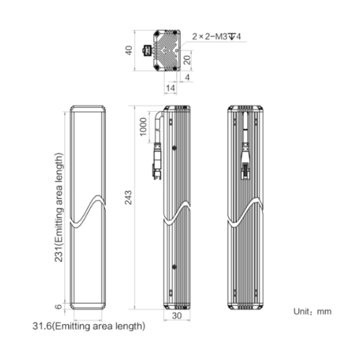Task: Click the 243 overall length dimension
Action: coord(128,197)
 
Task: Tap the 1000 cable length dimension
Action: coord(143,127)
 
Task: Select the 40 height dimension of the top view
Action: coord(129,50)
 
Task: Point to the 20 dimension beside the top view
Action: coord(187,60)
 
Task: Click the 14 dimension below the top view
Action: coord(170,88)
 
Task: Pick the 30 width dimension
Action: coord(177,316)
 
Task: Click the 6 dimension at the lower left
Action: coord(59,306)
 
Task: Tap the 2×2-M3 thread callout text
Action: coord(216,36)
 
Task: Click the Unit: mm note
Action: coord(312,312)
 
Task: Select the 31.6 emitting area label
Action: coord(89,326)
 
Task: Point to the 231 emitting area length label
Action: coord(59,207)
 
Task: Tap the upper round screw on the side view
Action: coord(174,148)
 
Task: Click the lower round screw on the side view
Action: coord(174,267)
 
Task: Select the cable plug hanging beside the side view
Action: coord(157,161)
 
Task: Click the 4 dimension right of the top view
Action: coord(187,77)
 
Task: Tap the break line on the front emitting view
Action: coord(88,211)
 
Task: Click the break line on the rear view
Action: coord(245,212)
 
